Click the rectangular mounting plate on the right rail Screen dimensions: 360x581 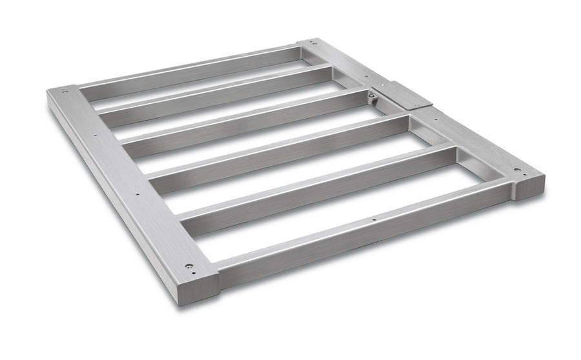(402, 95)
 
